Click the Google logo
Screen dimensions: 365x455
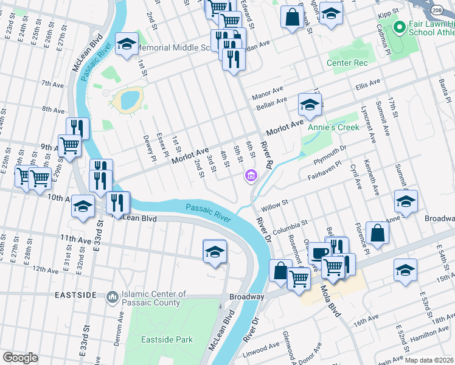coord(20,358)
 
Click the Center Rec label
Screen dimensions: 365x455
coord(347,63)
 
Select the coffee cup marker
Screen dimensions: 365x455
coord(318,251)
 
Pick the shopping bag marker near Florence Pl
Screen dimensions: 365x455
coord(378,233)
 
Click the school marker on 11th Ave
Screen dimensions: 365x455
coord(215,251)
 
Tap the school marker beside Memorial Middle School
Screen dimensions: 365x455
coord(127,44)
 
